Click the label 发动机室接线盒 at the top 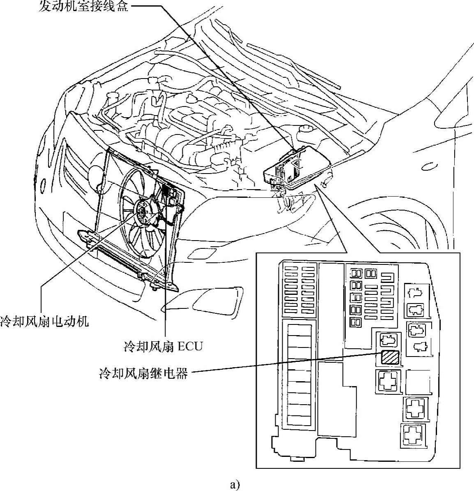85,7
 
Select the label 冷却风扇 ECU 163,346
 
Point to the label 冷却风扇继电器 143,374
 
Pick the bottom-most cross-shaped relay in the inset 412,435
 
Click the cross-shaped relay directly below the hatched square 387,381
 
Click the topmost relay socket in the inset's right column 416,294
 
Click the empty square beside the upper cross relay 416,381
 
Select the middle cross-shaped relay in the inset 415,408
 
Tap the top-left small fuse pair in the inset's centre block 356,273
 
